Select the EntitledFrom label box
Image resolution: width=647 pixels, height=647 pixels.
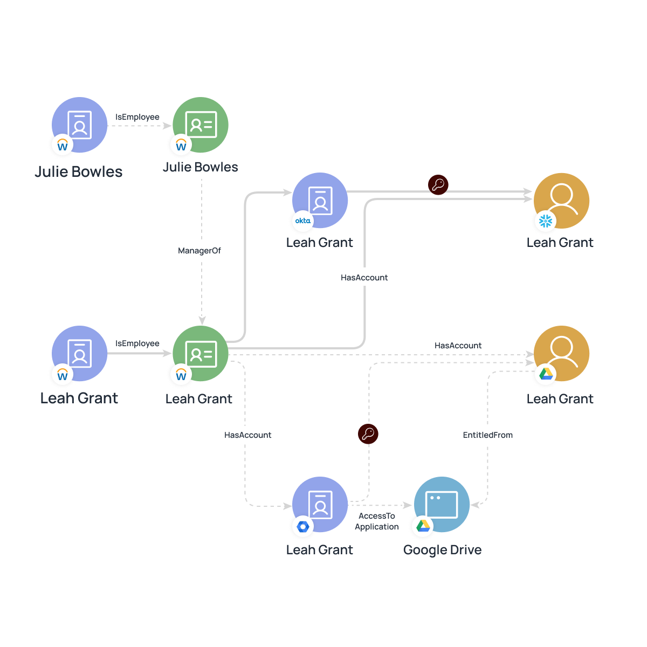click(488, 435)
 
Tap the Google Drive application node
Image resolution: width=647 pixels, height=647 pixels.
click(442, 505)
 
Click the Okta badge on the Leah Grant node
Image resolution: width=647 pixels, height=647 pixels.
click(303, 221)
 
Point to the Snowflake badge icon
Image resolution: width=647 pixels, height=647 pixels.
click(546, 221)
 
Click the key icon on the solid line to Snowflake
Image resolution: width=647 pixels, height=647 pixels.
click(438, 185)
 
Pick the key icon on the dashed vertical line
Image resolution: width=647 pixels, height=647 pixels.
click(368, 433)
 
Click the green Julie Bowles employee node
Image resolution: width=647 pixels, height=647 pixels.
click(201, 125)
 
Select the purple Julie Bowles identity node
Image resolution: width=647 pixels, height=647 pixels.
click(80, 125)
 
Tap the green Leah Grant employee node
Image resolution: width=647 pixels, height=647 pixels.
click(201, 354)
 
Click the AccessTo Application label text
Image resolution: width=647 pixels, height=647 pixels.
click(377, 521)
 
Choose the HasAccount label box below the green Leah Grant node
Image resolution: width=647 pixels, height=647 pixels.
click(249, 435)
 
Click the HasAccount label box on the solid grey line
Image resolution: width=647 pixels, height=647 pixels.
click(364, 277)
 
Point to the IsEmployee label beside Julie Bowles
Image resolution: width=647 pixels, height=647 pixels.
click(137, 117)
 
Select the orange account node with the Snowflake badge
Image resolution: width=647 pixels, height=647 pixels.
click(561, 201)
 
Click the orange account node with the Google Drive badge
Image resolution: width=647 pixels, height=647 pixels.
click(561, 354)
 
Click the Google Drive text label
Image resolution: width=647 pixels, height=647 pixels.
click(442, 550)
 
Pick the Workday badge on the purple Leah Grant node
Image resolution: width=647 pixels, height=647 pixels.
click(63, 375)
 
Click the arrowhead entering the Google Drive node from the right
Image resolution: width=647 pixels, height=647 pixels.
click(474, 505)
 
